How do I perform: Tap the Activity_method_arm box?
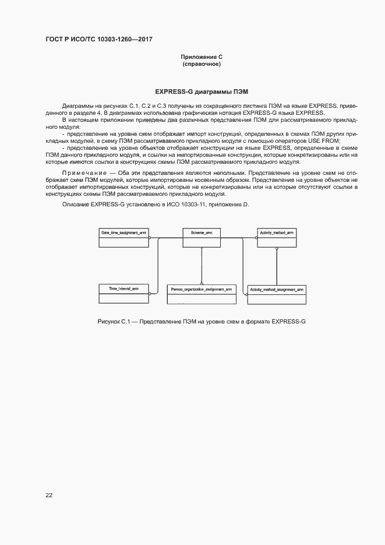click(x=277, y=238)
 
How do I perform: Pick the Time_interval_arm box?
click(x=123, y=294)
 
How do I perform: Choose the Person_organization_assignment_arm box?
click(x=202, y=294)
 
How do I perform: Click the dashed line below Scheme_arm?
click(x=202, y=265)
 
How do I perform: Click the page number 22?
click(x=49, y=495)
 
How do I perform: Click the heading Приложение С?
click(x=202, y=57)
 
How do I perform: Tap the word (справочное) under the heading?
click(x=202, y=64)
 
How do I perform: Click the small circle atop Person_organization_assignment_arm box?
click(x=202, y=284)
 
